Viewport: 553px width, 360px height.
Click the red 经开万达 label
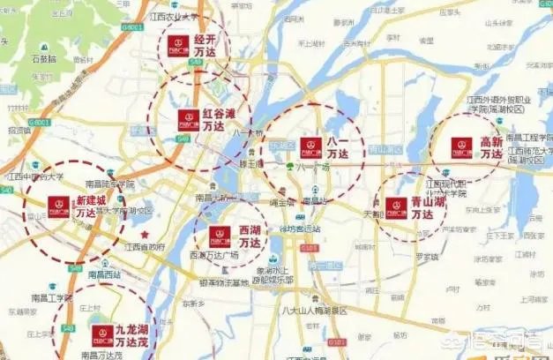click(206, 46)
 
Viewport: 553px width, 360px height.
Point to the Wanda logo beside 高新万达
click(460, 147)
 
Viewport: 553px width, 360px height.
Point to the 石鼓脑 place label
click(44, 59)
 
